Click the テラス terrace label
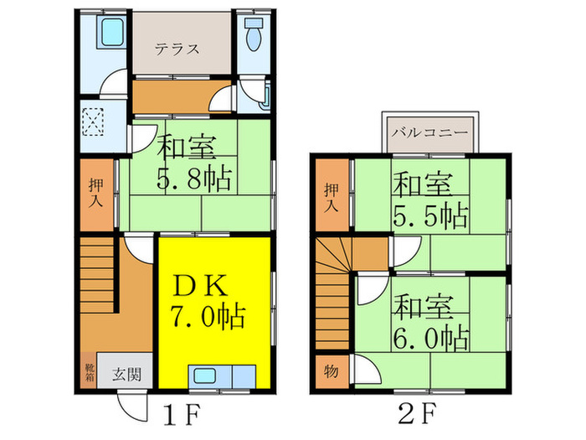(177, 48)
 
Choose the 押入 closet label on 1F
(95, 195)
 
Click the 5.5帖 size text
(431, 216)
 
